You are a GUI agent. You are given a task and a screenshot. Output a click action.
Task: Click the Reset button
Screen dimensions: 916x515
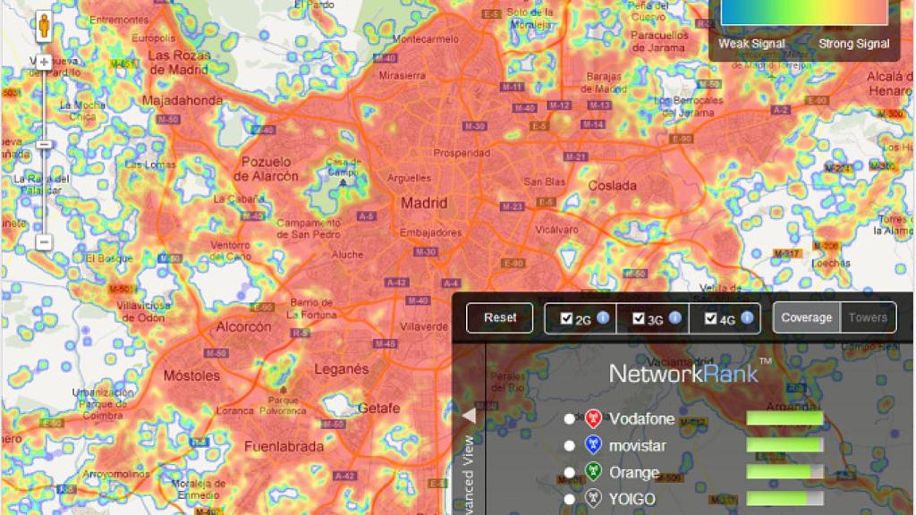(499, 317)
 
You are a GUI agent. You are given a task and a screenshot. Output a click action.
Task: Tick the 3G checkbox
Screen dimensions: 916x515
(638, 318)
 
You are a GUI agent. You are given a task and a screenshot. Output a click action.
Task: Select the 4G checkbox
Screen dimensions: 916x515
(710, 318)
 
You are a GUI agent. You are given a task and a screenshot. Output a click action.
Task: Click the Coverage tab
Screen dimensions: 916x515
(806, 317)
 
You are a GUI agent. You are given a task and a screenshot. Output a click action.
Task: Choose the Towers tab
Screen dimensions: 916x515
(868, 317)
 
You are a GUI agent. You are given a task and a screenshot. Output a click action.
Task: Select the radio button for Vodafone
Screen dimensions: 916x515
(570, 418)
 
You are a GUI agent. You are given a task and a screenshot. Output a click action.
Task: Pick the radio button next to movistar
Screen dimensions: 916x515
(570, 445)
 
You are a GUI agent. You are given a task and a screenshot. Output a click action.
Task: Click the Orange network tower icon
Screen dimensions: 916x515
(592, 472)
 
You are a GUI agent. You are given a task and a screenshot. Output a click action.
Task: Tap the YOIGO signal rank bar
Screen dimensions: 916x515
(785, 499)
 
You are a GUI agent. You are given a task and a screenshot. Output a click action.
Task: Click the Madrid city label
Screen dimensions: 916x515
(424, 203)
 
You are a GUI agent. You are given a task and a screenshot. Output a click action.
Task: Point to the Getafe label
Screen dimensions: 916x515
(378, 408)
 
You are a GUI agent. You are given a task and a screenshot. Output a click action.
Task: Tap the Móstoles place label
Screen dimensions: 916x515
(191, 376)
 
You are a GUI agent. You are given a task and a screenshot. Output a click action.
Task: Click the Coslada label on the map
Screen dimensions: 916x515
(613, 186)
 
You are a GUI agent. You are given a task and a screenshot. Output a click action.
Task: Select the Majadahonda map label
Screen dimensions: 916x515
(182, 101)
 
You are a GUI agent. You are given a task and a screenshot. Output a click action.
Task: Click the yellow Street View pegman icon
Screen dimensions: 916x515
(44, 29)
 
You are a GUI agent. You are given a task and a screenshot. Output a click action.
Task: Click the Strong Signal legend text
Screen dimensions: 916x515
(853, 44)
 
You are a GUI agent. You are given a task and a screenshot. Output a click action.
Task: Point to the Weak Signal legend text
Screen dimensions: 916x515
(751, 44)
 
